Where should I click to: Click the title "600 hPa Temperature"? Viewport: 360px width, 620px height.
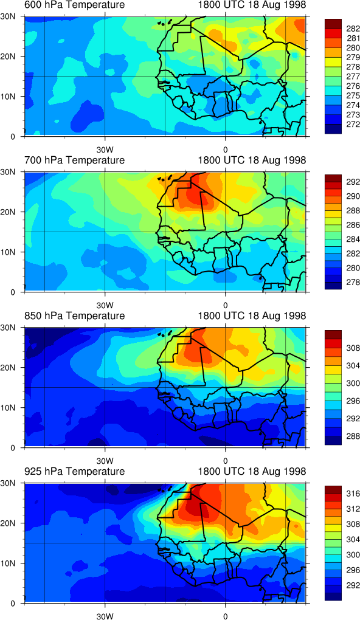[75, 5]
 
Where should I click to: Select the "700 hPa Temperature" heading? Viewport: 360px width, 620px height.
[75, 160]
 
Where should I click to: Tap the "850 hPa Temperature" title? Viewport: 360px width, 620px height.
[75, 316]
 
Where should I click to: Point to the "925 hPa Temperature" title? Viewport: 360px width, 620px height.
[75, 471]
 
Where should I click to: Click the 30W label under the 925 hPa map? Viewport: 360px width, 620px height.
[105, 616]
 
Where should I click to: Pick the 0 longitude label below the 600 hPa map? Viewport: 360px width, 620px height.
[225, 151]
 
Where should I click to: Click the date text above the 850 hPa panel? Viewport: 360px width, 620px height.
[252, 316]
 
